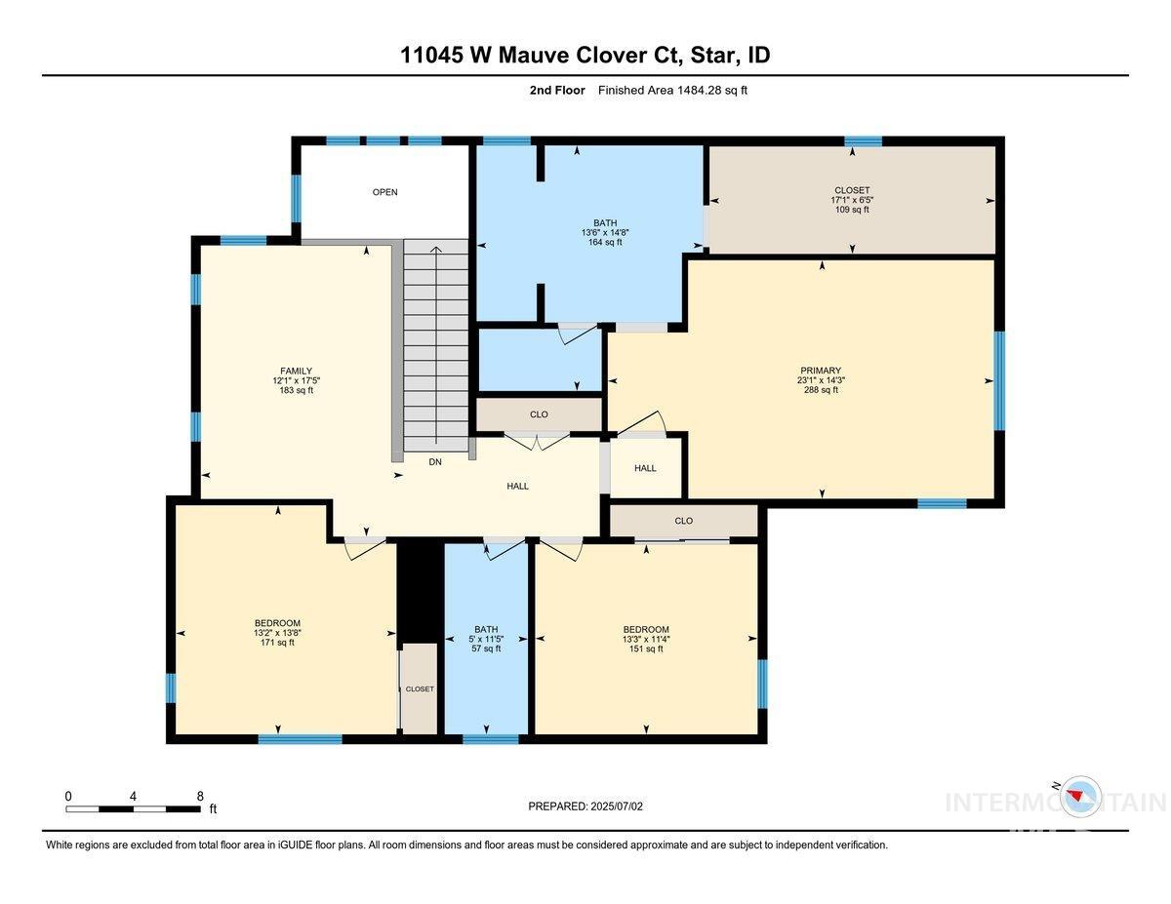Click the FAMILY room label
[x=296, y=371]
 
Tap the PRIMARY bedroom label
[x=820, y=371]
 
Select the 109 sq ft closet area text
[x=851, y=210]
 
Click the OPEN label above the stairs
[x=384, y=192]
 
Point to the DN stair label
[x=435, y=462]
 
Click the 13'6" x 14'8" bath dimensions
[x=599, y=232]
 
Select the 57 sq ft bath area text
[x=486, y=649]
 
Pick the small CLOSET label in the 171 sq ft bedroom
[x=420, y=688]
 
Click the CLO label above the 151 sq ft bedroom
[x=683, y=521]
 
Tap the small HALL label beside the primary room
[x=645, y=468]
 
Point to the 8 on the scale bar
[x=199, y=796]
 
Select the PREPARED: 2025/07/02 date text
[x=585, y=806]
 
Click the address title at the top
[x=585, y=55]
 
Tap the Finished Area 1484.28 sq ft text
[x=672, y=91]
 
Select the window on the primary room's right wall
[x=998, y=380]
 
